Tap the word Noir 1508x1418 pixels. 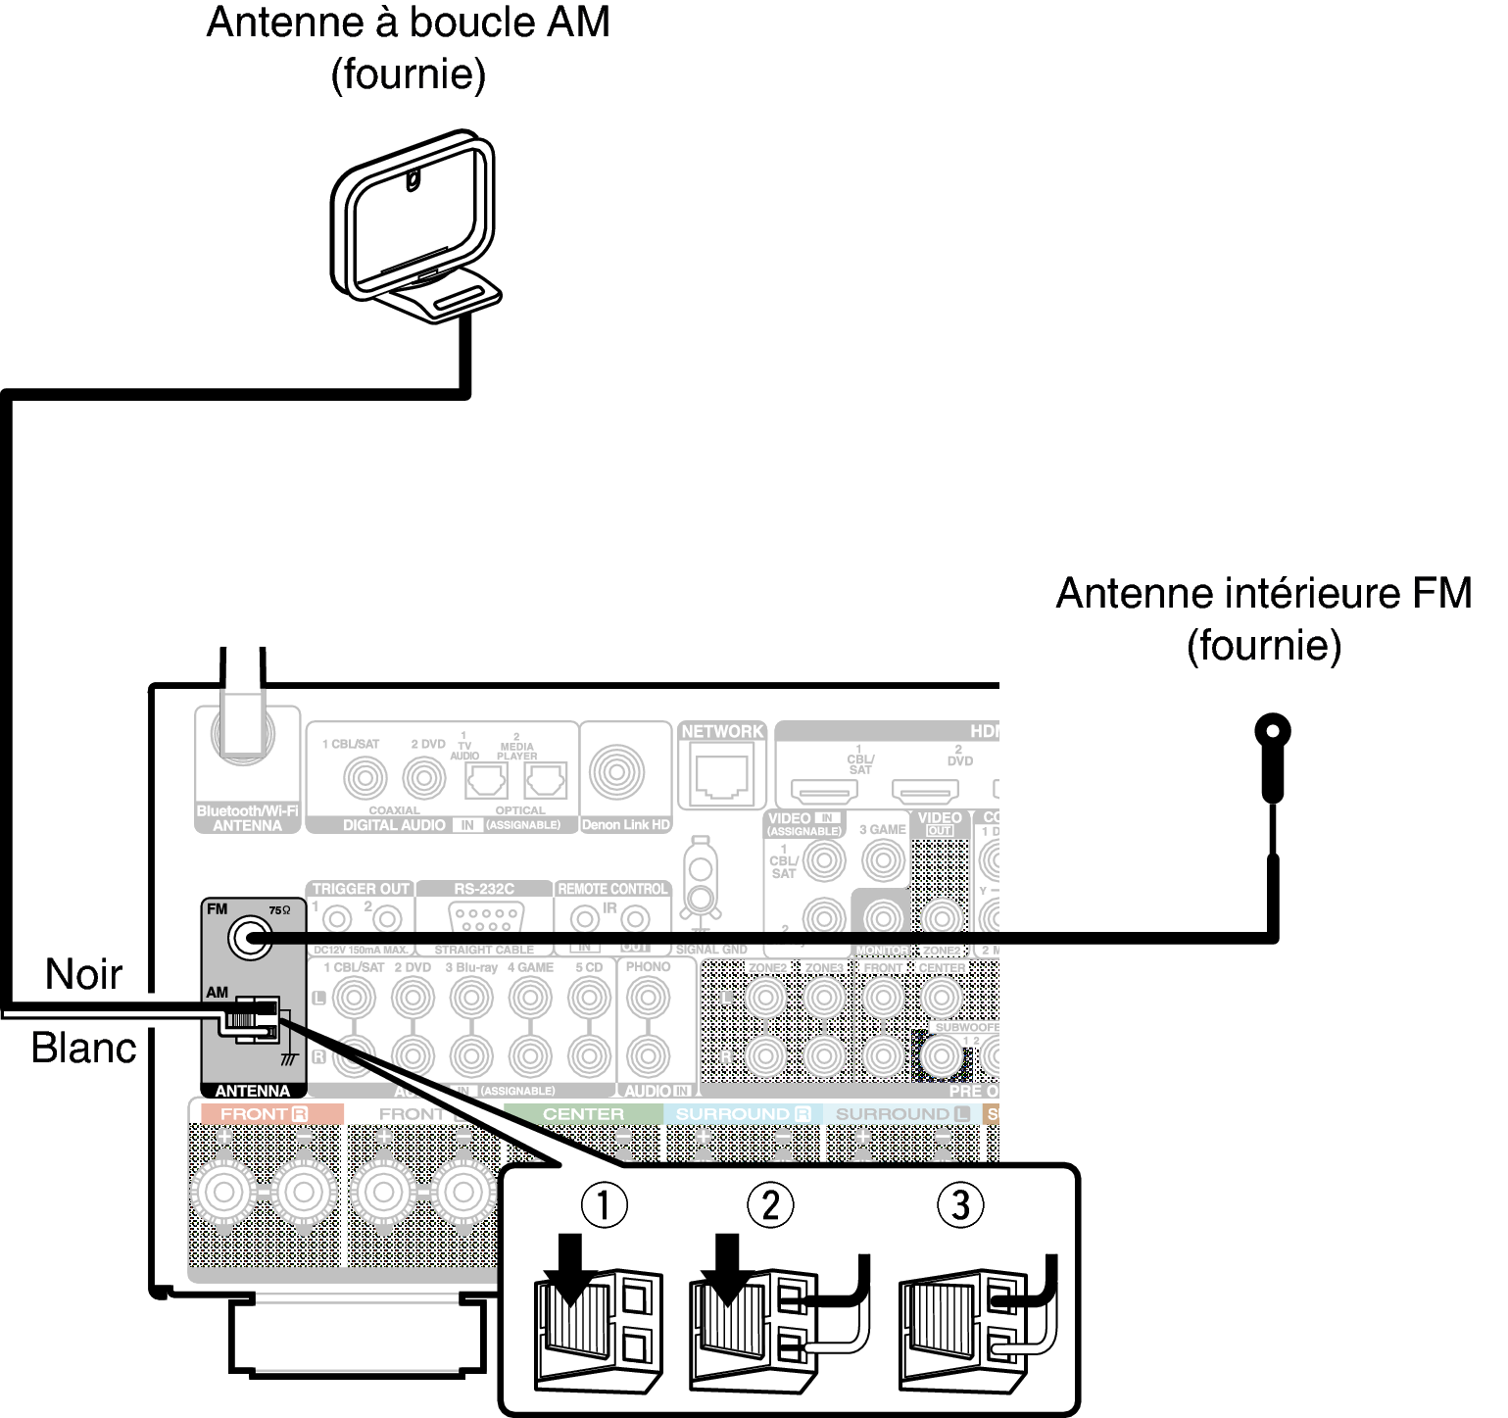point(84,974)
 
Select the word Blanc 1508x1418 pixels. point(84,1048)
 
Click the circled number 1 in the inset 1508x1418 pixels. point(604,1204)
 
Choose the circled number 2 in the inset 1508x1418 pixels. point(770,1204)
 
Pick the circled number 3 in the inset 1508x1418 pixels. point(960,1204)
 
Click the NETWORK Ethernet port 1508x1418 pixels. point(721,776)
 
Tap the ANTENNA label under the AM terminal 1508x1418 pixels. point(253,1091)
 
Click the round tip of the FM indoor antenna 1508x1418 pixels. point(1273,731)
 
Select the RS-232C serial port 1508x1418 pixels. point(484,919)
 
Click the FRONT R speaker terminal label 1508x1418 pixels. point(264,1114)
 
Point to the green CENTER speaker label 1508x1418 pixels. point(583,1114)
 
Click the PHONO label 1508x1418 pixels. point(648,966)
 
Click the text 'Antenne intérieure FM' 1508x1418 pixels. point(1263,593)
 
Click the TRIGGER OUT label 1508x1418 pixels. point(361,889)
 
